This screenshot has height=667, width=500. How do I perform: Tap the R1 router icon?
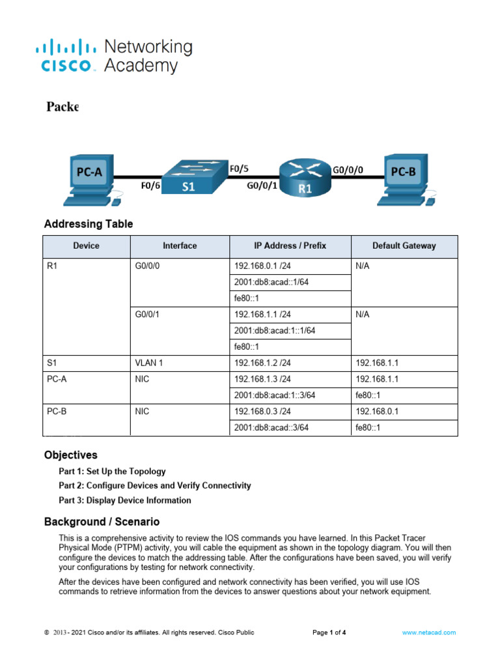[305, 178]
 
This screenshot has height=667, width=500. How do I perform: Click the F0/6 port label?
[151, 186]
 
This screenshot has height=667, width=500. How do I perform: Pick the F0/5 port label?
[239, 168]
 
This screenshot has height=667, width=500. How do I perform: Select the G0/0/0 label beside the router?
[348, 169]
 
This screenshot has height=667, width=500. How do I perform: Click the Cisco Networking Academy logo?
[114, 56]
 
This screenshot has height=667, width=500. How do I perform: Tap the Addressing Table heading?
[89, 224]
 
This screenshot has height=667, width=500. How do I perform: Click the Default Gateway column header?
[404, 246]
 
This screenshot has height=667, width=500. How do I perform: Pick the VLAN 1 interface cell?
[149, 363]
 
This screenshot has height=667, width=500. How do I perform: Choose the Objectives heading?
[71, 455]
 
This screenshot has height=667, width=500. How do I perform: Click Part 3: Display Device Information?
[125, 500]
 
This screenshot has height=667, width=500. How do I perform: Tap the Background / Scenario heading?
[102, 522]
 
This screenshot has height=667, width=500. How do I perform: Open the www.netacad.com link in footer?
[428, 632]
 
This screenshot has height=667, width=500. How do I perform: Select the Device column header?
[87, 246]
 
